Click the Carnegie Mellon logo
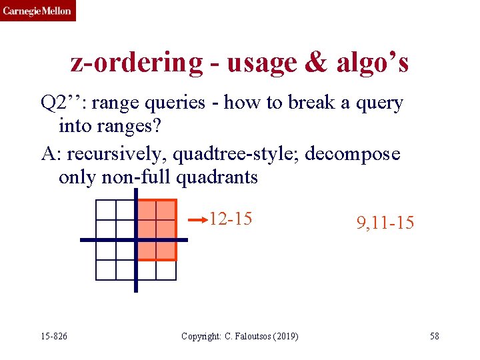[x=37, y=11]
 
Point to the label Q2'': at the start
[x=64, y=103]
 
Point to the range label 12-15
[x=231, y=219]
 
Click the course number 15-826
[x=53, y=336]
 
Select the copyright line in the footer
[x=239, y=336]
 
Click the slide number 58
[x=434, y=336]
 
